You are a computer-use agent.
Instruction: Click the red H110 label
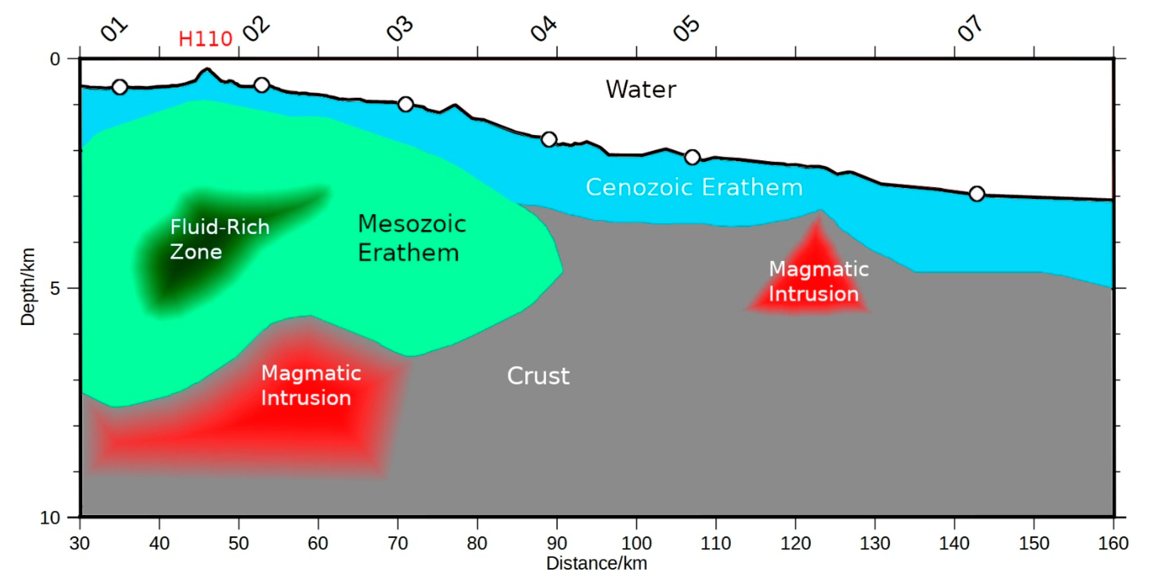point(205,39)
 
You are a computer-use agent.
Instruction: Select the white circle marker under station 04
point(549,139)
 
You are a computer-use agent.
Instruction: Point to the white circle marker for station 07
point(977,194)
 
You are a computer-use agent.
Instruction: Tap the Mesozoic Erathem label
point(412,238)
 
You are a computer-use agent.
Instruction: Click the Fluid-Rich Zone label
point(220,239)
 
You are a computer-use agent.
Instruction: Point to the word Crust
point(538,376)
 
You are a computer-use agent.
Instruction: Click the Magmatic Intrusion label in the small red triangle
point(818,281)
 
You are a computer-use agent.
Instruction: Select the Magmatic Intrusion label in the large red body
point(311,385)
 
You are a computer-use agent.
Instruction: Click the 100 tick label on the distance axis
point(636,543)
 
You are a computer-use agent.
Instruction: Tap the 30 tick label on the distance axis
point(80,543)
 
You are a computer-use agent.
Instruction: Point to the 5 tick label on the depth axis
point(54,288)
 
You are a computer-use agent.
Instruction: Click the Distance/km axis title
point(596,563)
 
